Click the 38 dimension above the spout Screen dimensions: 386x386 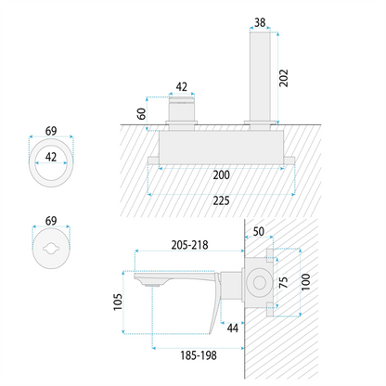[x=260, y=22]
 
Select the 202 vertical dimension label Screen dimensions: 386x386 [x=283, y=78]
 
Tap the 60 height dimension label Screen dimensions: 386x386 [x=141, y=114]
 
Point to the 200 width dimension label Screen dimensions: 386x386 [x=221, y=175]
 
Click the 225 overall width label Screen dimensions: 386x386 [x=221, y=201]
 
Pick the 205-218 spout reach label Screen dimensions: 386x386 [x=189, y=245]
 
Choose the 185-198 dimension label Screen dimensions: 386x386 [x=199, y=355]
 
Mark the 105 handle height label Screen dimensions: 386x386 [x=118, y=302]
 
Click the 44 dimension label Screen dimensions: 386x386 [x=233, y=328]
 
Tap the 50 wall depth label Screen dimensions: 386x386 [x=259, y=231]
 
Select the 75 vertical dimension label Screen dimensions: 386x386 [x=283, y=283]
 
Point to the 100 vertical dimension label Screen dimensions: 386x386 [x=305, y=282]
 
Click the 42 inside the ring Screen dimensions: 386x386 [x=51, y=157]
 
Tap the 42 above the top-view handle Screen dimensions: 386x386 [x=182, y=87]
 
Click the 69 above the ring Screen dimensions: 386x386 [x=51, y=131]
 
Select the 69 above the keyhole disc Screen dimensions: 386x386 [x=51, y=221]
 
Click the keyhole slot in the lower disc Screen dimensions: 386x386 [x=51, y=249]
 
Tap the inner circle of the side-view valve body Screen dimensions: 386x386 [x=259, y=282]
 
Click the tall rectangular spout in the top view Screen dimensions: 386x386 [x=260, y=76]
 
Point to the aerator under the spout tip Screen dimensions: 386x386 [x=153, y=286]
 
